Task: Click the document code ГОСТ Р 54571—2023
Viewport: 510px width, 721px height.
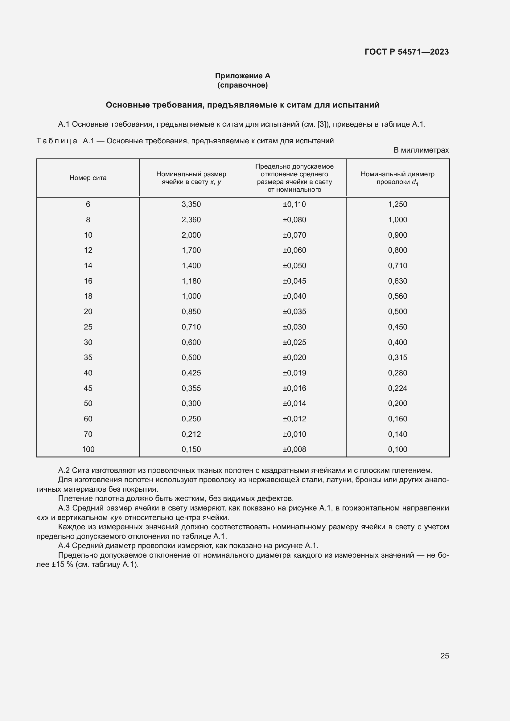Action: coord(407,52)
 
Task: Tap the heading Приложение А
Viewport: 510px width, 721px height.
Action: coord(242,76)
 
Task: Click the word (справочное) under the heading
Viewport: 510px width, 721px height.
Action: coord(242,85)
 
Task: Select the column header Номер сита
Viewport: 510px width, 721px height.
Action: coord(88,178)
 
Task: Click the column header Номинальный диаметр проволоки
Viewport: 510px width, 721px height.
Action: coord(397,178)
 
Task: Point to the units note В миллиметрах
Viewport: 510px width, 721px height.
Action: coord(421,150)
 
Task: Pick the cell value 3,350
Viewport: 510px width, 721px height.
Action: coord(191,204)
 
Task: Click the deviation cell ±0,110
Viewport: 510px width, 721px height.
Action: coord(294,204)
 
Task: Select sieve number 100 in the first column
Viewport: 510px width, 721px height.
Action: coord(88,449)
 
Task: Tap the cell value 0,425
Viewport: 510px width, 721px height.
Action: coord(191,373)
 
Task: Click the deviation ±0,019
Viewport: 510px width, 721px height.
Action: coord(294,373)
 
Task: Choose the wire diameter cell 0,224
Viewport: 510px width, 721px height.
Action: coord(397,388)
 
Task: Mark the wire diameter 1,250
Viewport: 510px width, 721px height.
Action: coord(397,204)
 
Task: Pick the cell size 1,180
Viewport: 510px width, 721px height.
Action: coord(191,281)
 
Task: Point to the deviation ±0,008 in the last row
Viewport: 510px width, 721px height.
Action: coord(294,449)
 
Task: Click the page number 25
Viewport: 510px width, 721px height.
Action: coord(444,656)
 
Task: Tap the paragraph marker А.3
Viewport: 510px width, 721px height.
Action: coord(64,508)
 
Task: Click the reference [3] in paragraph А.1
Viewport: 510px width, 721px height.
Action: coord(322,124)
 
